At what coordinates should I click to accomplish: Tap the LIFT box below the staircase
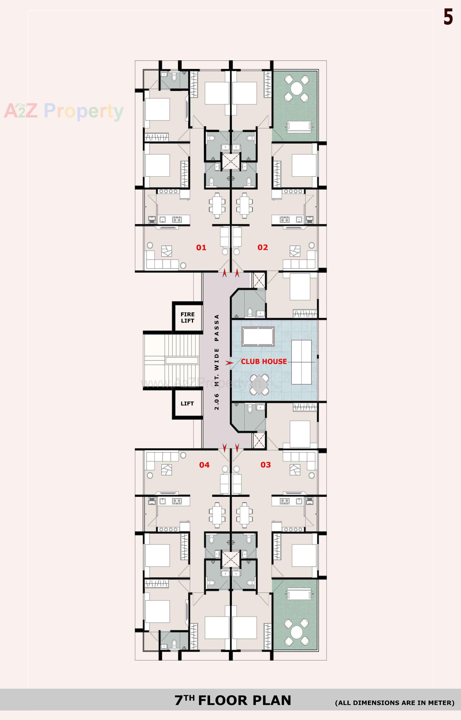tap(187, 403)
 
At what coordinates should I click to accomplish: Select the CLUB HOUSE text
tap(264, 361)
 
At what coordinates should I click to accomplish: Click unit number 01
tap(201, 247)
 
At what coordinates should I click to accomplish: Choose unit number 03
tap(266, 465)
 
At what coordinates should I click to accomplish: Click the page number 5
tap(448, 17)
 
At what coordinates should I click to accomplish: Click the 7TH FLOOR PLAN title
tap(233, 700)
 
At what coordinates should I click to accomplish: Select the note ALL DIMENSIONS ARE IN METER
tap(394, 703)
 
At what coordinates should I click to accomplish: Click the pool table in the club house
tap(258, 336)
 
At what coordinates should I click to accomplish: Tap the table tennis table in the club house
tap(301, 362)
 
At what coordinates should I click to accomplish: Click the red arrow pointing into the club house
tap(229, 363)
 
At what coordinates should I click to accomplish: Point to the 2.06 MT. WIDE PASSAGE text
tap(217, 362)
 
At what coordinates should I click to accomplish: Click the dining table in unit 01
tap(217, 205)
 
